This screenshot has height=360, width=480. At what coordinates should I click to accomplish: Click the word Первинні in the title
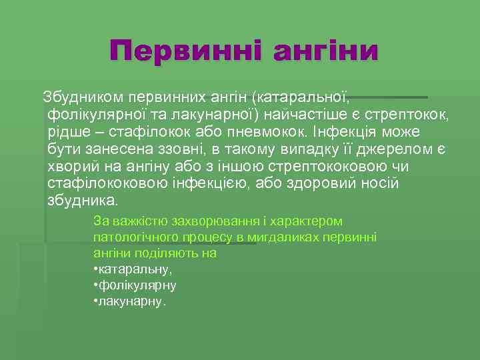click(185, 51)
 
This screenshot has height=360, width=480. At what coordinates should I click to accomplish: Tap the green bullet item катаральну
click(135, 269)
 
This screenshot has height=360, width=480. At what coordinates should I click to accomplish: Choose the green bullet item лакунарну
click(131, 301)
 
